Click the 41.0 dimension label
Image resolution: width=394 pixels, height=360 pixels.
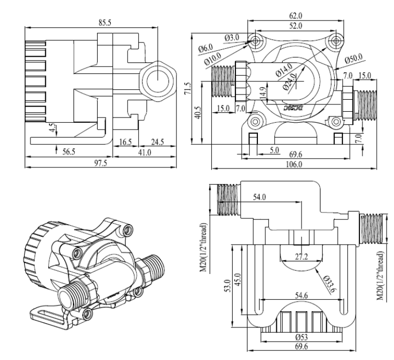point(143,152)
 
